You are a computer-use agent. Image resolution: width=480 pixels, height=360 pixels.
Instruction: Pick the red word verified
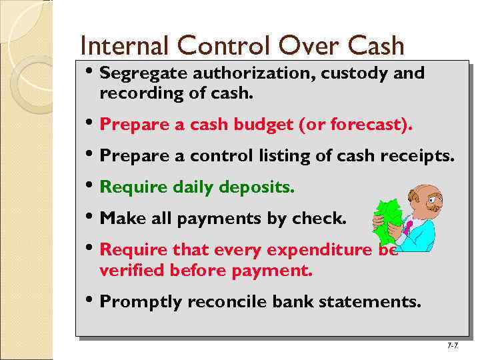click(x=132, y=271)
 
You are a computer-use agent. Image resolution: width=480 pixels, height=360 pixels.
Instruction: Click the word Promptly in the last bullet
click(x=141, y=303)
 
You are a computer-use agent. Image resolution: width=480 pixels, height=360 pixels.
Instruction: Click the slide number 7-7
click(x=452, y=346)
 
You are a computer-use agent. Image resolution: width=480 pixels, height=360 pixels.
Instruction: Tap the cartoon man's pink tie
click(x=408, y=227)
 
